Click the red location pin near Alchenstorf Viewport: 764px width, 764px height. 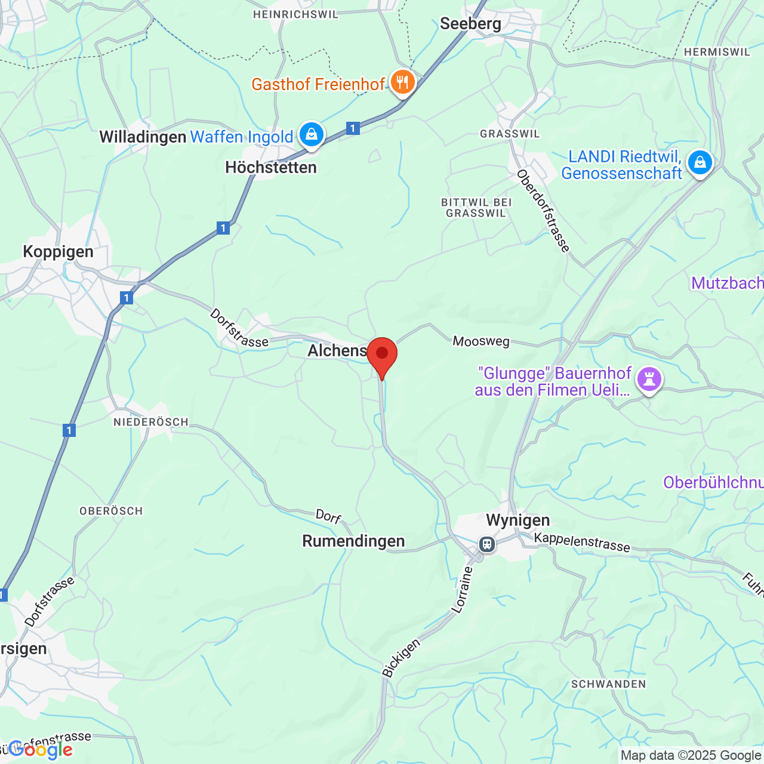(382, 355)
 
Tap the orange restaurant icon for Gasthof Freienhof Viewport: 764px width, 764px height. (403, 82)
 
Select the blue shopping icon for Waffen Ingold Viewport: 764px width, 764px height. (311, 134)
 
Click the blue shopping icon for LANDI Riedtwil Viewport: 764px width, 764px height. (700, 162)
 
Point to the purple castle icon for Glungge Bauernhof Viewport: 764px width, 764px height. (649, 378)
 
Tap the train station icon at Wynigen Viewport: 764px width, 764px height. (487, 544)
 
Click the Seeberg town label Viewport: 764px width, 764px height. (470, 24)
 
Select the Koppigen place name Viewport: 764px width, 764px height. (58, 251)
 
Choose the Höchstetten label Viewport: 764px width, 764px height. (271, 168)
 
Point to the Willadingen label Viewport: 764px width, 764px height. (143, 137)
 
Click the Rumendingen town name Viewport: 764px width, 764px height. (353, 541)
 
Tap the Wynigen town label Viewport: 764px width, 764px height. (518, 520)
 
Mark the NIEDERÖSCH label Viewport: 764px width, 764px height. (151, 422)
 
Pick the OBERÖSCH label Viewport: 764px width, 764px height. (111, 511)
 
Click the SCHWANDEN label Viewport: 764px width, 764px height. (608, 684)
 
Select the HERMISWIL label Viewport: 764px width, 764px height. (717, 52)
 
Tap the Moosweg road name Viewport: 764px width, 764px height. (481, 341)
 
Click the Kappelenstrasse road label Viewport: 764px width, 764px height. (582, 542)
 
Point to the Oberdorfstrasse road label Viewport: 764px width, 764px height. (544, 211)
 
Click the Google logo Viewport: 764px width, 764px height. (41, 750)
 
